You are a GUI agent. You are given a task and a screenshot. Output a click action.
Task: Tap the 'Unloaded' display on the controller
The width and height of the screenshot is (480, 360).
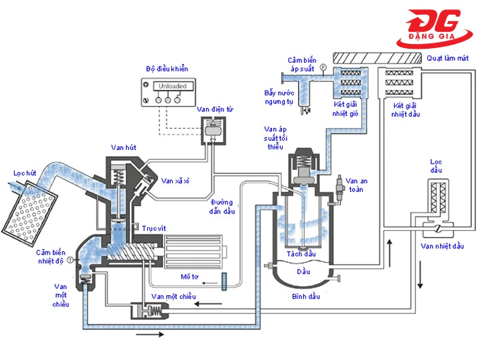click(x=173, y=86)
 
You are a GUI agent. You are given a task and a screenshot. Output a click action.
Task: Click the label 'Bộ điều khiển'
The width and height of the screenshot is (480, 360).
click(x=167, y=69)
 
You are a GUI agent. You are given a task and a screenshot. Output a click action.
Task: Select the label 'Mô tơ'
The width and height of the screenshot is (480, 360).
click(x=191, y=275)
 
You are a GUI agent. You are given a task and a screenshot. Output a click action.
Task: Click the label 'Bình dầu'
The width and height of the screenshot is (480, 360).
click(x=304, y=294)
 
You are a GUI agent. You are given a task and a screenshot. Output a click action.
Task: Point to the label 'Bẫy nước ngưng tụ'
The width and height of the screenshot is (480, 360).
click(x=279, y=97)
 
